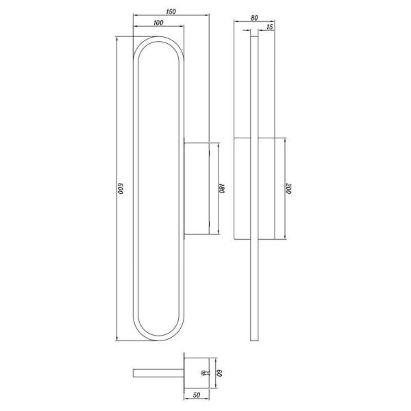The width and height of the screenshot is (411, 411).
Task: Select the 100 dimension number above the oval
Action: point(158,24)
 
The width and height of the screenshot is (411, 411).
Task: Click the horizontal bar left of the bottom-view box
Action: point(158,373)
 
